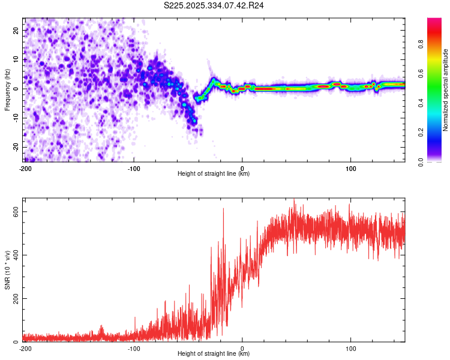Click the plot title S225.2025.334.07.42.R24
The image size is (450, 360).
(214, 5)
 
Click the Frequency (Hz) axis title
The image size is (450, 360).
(7, 89)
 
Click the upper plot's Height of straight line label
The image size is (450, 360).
(214, 173)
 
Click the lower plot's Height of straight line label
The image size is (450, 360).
(214, 353)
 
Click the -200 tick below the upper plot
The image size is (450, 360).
(25, 168)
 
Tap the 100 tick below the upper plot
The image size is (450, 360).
(351, 168)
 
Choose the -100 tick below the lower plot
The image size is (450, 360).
(133, 348)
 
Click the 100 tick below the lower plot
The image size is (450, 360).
(351, 348)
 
